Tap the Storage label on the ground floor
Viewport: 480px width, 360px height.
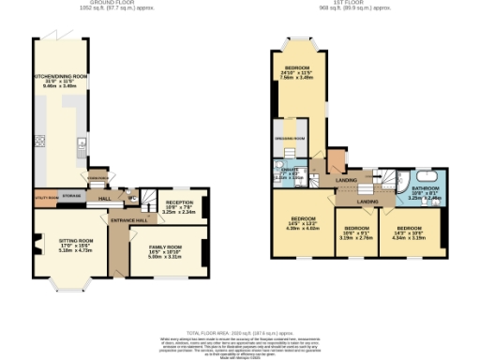[x=71, y=198]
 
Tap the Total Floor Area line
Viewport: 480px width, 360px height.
[x=240, y=333]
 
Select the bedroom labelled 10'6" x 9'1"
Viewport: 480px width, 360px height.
[x=355, y=232]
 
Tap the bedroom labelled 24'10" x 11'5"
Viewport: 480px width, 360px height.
[x=299, y=73]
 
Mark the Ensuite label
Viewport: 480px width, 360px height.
[x=289, y=172]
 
